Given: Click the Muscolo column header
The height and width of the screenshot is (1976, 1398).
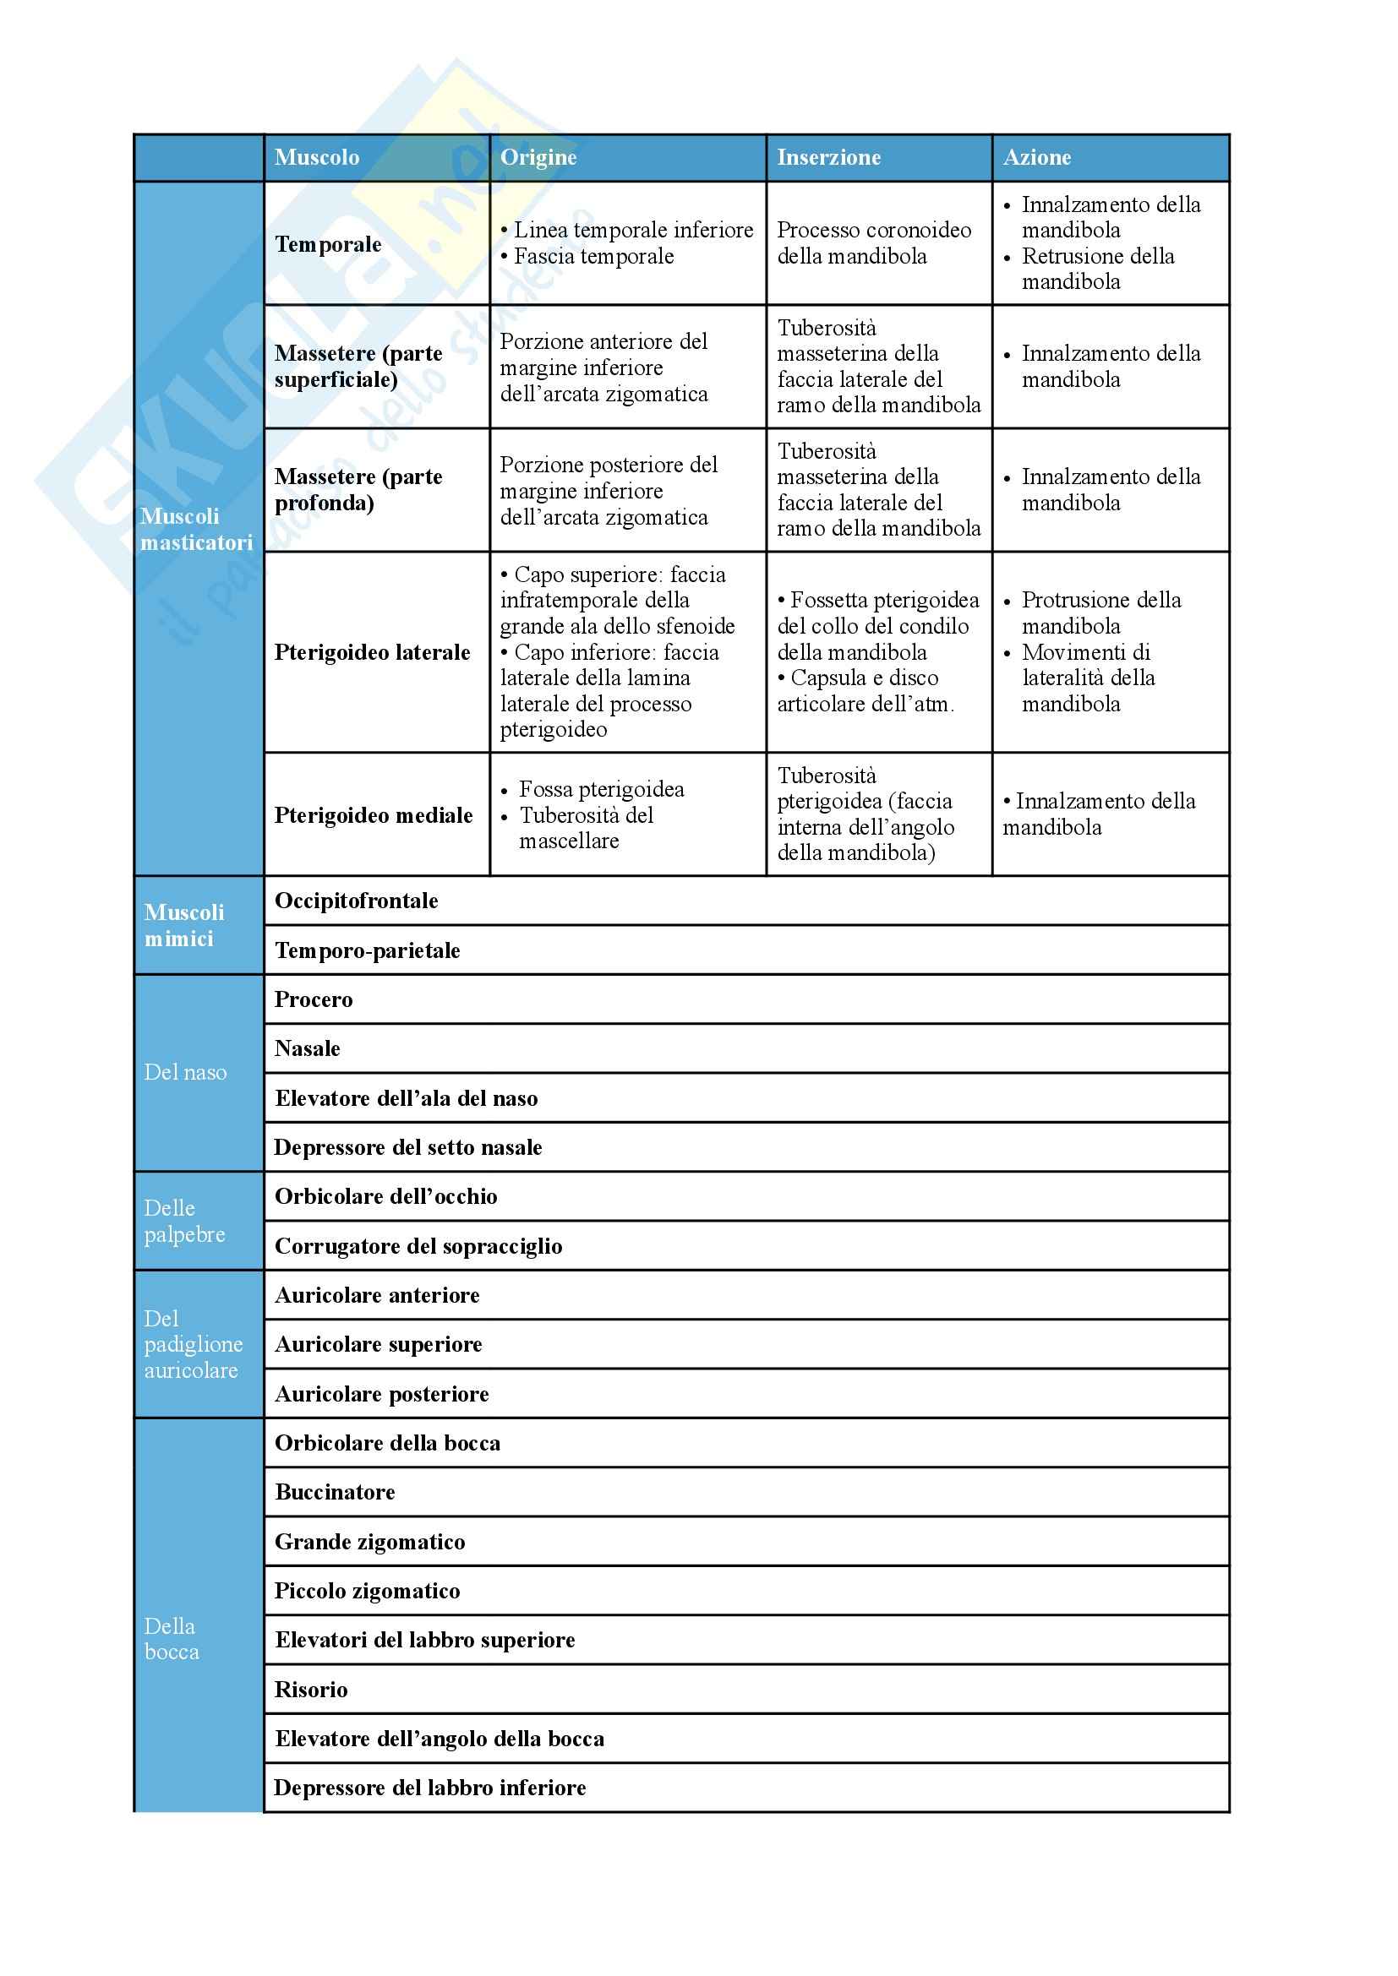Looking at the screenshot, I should point(317,157).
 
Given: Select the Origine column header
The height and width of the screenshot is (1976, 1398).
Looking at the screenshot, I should point(538,157).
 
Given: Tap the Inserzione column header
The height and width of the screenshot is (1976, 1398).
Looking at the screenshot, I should point(828,157).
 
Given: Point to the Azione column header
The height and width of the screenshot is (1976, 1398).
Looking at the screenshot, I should point(1036,157).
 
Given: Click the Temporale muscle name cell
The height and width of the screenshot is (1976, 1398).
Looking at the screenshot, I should point(328,244).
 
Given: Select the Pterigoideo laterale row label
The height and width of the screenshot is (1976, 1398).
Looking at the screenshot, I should point(372,652).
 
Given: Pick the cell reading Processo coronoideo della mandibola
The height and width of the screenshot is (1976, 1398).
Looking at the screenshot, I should point(874,242).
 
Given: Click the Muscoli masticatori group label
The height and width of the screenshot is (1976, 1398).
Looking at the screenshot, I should point(196,530).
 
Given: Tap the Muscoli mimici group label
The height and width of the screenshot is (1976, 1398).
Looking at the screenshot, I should point(183,925).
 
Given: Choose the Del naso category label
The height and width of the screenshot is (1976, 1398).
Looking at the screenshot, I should point(185,1072).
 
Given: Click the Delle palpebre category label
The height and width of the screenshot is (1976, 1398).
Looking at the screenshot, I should point(184,1221).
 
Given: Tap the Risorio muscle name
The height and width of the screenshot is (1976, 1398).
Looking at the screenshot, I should point(311,1689).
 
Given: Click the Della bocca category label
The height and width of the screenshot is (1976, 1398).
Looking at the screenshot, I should point(172,1639).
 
